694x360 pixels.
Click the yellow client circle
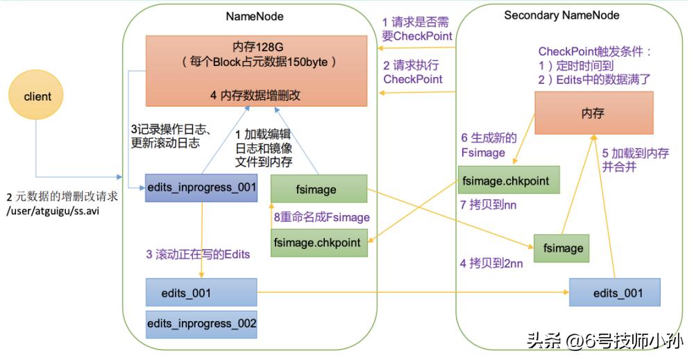pyautogui.click(x=37, y=96)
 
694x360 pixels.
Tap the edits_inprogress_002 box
pyautogui.click(x=201, y=323)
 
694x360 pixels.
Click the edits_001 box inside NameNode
pyautogui.click(x=201, y=293)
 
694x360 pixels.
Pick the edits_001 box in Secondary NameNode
pyautogui.click(x=614, y=293)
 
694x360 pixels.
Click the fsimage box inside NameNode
pyautogui.click(x=319, y=189)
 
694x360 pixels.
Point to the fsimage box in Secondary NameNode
pyautogui.click(x=562, y=248)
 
